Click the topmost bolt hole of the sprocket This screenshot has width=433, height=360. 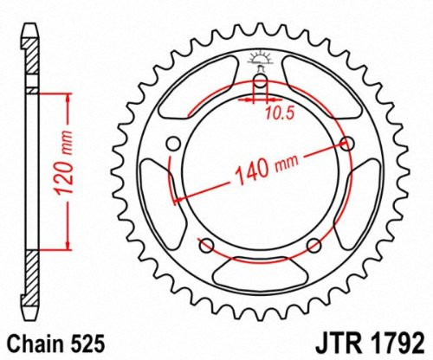tap(259, 84)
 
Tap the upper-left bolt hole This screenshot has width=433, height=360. tap(173, 143)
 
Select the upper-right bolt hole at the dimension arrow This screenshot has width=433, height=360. tap(349, 144)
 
